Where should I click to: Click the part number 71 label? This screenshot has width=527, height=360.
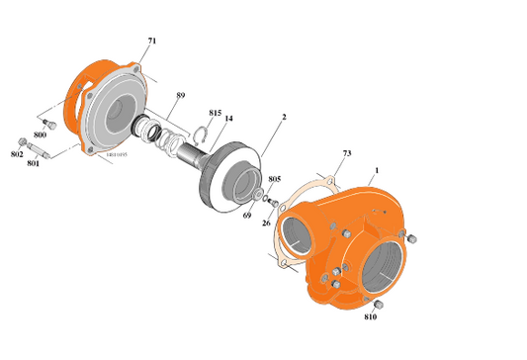pos(151,41)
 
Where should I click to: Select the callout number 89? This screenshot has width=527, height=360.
pos(180,95)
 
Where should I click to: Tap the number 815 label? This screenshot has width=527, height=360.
pos(216,113)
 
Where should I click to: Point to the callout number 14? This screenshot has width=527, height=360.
pos(228,120)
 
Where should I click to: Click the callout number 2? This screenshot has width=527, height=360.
pos(284,117)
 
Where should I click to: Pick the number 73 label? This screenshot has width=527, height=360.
pos(347,154)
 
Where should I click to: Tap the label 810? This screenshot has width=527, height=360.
pos(370,317)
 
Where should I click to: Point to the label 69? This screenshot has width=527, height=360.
pos(247,214)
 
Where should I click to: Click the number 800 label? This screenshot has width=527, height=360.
pos(41,134)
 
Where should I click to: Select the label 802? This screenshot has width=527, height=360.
pos(17,154)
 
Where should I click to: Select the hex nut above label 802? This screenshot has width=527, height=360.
pos(22,141)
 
